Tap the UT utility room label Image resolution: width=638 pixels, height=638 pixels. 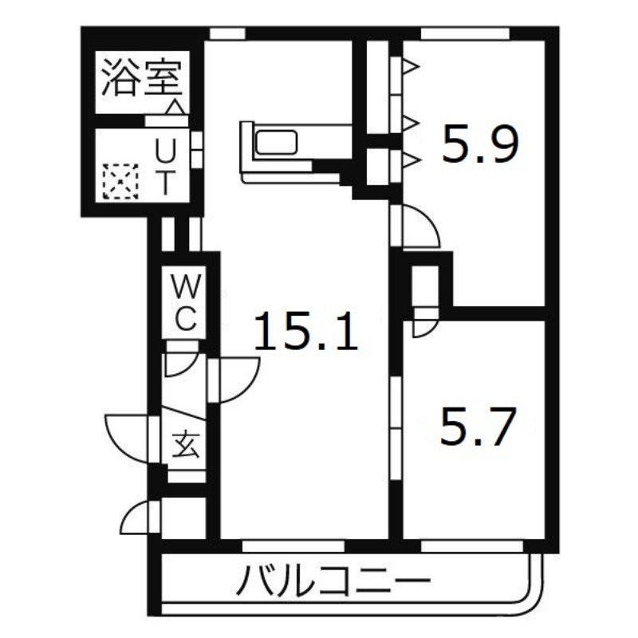tap(163, 167)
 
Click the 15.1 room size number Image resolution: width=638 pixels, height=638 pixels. tap(306, 333)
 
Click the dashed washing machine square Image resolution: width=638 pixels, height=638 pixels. tap(121, 181)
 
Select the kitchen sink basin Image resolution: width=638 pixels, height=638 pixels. tap(275, 143)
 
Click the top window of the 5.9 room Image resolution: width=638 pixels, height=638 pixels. tap(464, 33)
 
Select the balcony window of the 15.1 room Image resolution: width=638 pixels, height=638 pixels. tap(293, 545)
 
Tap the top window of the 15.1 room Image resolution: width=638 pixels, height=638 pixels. tap(227, 33)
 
